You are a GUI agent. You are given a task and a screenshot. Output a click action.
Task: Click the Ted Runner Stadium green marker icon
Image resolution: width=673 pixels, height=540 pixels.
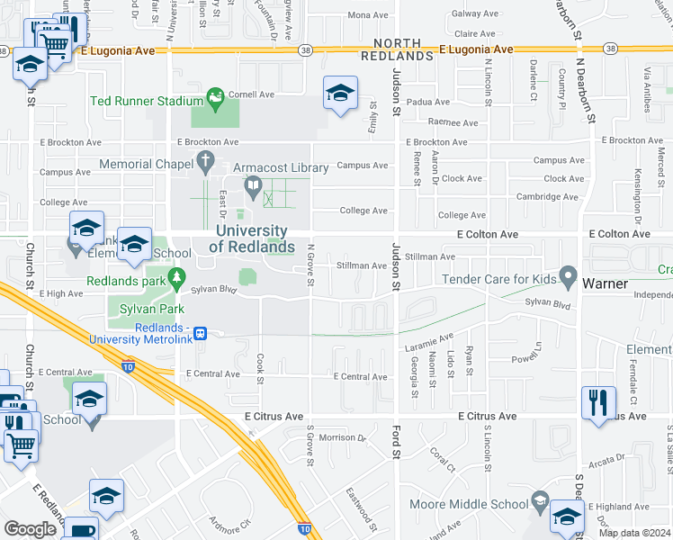tap(215, 95)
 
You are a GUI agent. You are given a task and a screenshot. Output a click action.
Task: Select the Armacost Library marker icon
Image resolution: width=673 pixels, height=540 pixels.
tap(254, 187)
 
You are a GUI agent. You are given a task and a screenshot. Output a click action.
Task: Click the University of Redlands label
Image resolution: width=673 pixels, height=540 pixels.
tap(254, 239)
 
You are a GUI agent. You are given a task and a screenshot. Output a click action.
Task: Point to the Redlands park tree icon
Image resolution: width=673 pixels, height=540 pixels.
tap(177, 278)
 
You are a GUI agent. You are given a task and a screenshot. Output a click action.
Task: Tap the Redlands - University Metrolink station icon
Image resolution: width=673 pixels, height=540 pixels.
tap(201, 332)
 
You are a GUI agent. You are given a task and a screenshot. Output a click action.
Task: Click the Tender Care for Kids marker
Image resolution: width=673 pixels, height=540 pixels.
tap(567, 274)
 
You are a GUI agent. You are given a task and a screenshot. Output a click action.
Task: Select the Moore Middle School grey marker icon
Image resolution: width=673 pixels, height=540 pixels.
tap(540, 500)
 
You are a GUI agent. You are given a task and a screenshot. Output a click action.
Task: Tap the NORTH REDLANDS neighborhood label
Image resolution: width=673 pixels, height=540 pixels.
tap(398, 49)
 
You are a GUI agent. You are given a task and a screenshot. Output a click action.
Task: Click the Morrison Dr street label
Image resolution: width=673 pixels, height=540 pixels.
tap(343, 438)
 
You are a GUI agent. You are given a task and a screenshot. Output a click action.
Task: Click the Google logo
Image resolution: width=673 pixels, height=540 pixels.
tap(30, 528)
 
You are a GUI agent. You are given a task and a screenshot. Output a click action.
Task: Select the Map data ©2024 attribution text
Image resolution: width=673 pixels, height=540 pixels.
tap(635, 533)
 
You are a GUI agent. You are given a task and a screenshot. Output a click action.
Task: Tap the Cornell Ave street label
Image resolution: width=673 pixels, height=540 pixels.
tap(251, 94)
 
